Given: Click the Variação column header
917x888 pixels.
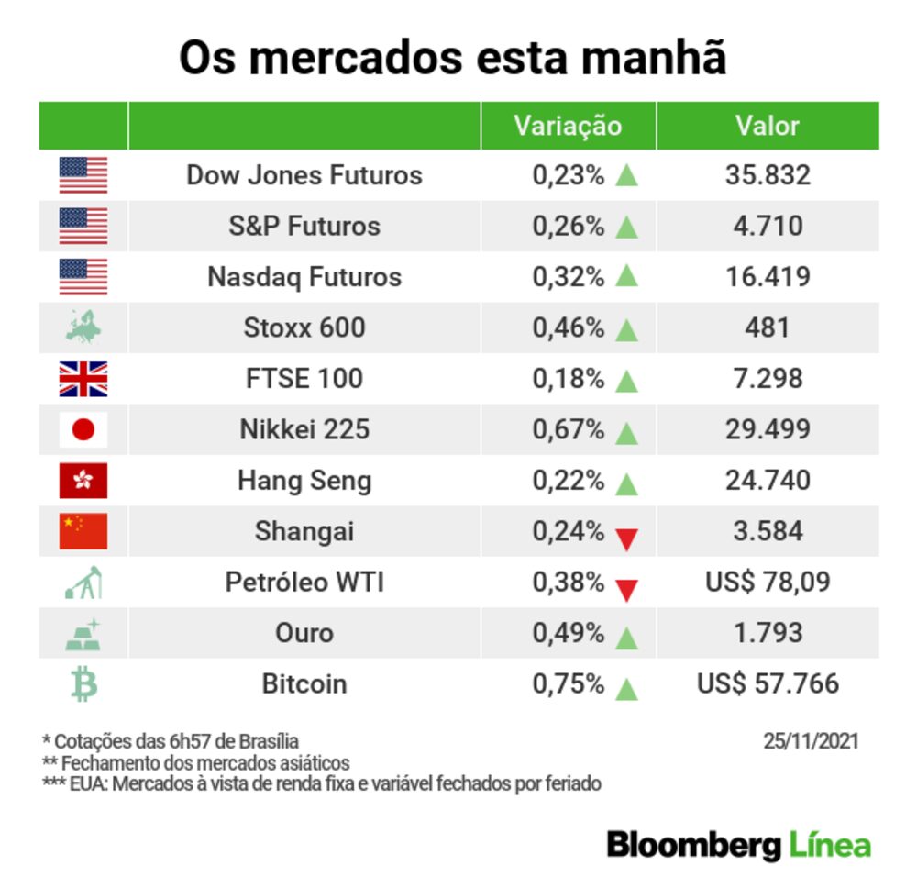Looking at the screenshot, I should (x=568, y=126).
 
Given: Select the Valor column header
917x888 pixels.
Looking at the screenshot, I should (x=768, y=126).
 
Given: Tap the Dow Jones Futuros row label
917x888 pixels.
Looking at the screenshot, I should (x=304, y=175).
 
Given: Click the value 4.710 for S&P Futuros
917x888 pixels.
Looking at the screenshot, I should (x=768, y=226).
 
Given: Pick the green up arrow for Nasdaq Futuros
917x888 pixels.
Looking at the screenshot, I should (x=626, y=276).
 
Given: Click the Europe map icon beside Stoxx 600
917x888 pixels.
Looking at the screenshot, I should (x=83, y=327).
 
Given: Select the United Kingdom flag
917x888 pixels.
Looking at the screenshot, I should (x=83, y=378).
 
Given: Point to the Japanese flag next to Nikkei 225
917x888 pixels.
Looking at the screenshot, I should (x=83, y=429).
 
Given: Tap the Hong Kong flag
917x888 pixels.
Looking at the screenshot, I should (x=83, y=480).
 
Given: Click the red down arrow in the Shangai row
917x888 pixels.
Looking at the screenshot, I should (x=626, y=539).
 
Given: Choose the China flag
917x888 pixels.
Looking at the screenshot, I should (x=83, y=531).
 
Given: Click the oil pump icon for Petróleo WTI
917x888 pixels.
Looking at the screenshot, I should (x=83, y=583).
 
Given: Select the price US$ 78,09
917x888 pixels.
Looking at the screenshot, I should (x=768, y=583).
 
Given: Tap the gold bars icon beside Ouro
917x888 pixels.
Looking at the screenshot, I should (x=83, y=634).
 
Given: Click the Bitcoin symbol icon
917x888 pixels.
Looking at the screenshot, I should (x=83, y=684).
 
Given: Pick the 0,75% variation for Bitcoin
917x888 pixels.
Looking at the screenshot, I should (x=569, y=684).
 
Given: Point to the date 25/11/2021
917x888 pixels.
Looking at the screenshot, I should (x=811, y=740).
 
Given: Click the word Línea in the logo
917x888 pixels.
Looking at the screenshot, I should (x=829, y=845).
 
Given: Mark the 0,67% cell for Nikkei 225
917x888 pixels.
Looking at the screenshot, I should (x=569, y=429).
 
